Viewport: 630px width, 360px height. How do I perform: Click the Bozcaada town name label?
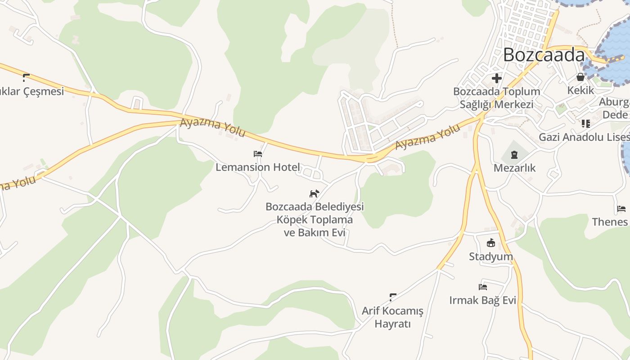(544, 55)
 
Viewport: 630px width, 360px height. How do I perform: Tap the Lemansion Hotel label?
(257, 167)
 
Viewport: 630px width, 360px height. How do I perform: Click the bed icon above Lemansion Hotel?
(258, 154)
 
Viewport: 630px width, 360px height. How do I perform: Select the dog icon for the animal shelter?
(314, 194)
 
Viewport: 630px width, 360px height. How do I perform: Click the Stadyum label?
(491, 256)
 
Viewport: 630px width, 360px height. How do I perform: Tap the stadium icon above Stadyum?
(491, 243)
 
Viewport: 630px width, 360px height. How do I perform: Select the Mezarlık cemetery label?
(515, 168)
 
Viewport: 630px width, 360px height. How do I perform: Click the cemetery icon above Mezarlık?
(514, 155)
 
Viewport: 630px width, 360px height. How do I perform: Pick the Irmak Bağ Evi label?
(482, 300)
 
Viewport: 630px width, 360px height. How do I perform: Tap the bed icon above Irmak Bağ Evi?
(483, 287)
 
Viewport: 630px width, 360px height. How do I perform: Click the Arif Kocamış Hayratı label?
(392, 317)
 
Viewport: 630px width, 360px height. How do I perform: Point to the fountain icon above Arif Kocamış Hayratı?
(392, 297)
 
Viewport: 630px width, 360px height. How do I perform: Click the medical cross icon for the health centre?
(497, 78)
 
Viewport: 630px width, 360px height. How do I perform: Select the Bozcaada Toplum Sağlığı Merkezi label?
(496, 98)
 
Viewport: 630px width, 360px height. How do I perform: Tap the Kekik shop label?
(580, 90)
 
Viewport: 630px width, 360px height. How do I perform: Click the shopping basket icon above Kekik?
(580, 77)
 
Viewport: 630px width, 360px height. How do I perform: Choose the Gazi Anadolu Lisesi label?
(584, 137)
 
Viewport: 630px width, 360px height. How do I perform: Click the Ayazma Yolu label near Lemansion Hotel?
(213, 128)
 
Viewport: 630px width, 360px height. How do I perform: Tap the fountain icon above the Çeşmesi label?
(26, 77)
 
